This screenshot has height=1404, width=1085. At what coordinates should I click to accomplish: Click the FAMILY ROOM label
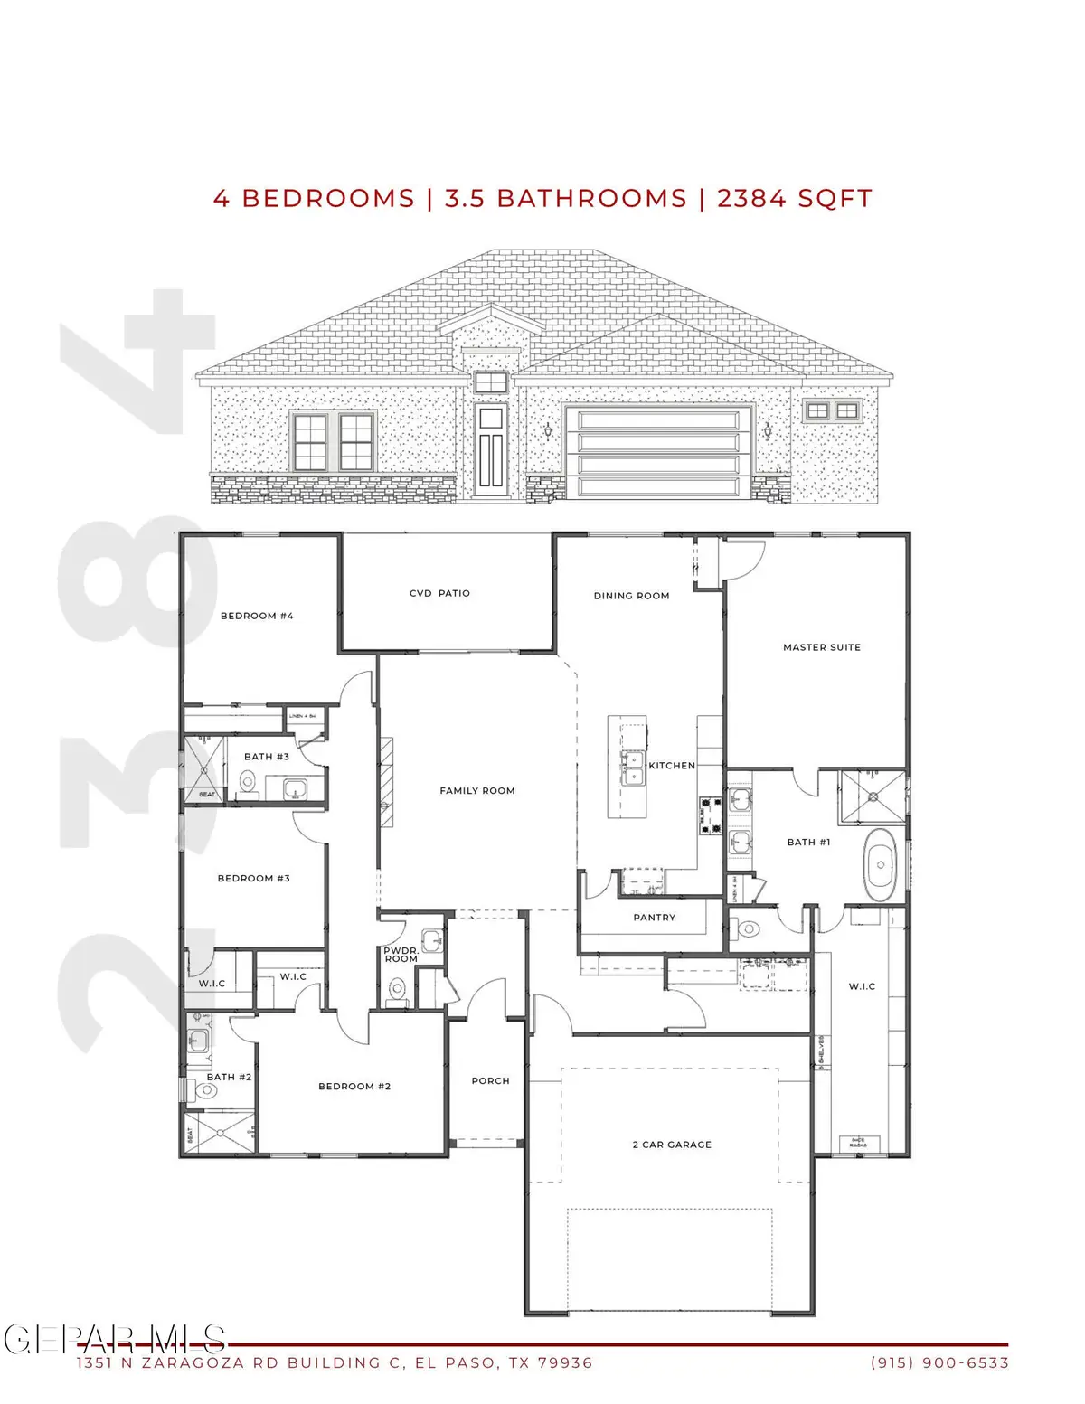pyautogui.click(x=477, y=791)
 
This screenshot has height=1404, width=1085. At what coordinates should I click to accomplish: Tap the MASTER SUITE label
pyautogui.click(x=821, y=647)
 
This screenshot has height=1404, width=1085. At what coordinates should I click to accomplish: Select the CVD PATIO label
pyautogui.click(x=439, y=593)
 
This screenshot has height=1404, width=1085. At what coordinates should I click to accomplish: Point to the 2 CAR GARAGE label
pyautogui.click(x=672, y=1145)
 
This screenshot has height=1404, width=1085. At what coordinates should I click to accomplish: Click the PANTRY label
pyautogui.click(x=654, y=918)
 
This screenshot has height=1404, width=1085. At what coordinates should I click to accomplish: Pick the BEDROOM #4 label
pyautogui.click(x=257, y=616)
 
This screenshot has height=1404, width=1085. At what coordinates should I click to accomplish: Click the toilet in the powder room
pyautogui.click(x=396, y=991)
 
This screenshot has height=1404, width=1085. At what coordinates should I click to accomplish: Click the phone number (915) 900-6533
pyautogui.click(x=939, y=1363)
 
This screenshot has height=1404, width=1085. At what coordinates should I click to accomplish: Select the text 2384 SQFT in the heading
pyautogui.click(x=795, y=199)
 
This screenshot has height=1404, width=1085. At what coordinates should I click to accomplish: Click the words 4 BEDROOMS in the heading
pyautogui.click(x=314, y=199)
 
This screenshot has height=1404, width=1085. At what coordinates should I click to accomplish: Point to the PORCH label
pyautogui.click(x=490, y=1080)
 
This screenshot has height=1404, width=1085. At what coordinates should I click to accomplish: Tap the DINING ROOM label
pyautogui.click(x=631, y=596)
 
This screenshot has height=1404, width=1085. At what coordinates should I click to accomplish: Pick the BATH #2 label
pyautogui.click(x=229, y=1077)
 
